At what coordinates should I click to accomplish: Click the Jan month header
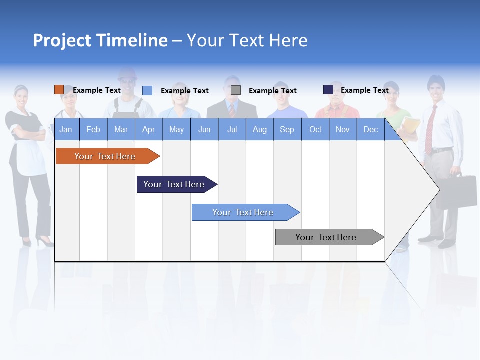[x=66, y=129]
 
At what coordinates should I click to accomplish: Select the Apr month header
[x=148, y=129]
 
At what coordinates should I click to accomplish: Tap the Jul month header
[x=232, y=129]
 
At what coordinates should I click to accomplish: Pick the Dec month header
[x=370, y=129]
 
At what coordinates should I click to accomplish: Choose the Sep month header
[x=287, y=129]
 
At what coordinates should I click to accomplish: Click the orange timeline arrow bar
[x=105, y=156]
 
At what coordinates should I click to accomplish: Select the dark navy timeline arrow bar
[x=174, y=184]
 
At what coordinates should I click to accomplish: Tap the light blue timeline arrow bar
[x=243, y=212]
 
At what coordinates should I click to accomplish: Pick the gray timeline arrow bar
[x=326, y=237]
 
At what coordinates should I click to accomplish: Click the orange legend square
[x=59, y=90]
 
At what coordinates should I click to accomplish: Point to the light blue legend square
[x=147, y=90]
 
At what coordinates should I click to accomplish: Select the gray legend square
[x=236, y=90]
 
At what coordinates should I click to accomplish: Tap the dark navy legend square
[x=328, y=90]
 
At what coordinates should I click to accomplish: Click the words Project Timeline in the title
[x=100, y=40]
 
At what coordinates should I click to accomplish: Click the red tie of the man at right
[x=429, y=130]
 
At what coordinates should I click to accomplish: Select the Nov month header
[x=343, y=129]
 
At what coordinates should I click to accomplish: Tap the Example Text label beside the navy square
[x=364, y=90]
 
